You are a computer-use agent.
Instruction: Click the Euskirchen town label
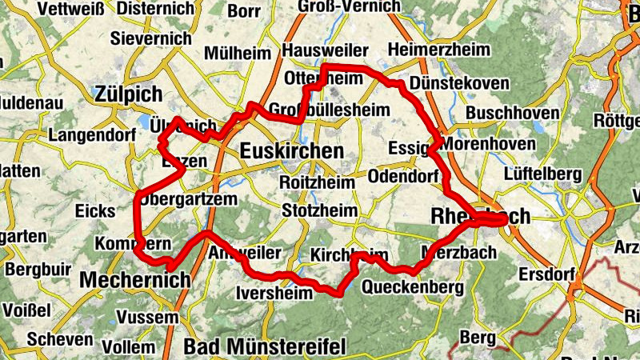click(291, 151)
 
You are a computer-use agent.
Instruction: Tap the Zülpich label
click(128, 93)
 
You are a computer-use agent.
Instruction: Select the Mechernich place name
click(135, 280)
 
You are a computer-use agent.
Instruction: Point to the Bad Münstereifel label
click(264, 346)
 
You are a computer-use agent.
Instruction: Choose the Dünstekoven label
click(447, 83)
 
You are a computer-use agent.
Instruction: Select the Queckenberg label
click(413, 286)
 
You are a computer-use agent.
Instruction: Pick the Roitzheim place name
click(317, 182)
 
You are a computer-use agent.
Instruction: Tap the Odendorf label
click(403, 176)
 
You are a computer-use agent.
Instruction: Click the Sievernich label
click(151, 38)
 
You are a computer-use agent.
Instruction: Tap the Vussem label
click(146, 318)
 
